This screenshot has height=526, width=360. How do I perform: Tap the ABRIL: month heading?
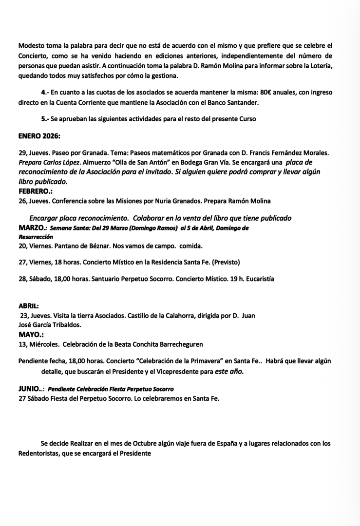coord(29,306)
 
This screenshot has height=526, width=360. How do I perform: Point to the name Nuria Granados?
coord(175,201)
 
